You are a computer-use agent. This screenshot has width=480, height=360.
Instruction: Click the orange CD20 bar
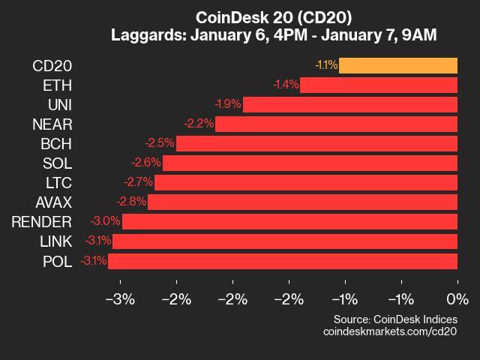pos(398,65)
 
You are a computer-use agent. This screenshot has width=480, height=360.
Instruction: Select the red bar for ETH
pos(379,85)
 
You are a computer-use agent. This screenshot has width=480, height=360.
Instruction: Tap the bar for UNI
pos(350,104)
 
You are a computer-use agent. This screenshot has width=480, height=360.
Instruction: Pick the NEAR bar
pos(336,124)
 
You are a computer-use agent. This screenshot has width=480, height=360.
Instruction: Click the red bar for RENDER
pos(289,221)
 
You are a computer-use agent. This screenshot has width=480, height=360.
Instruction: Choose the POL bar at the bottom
pos(283,261)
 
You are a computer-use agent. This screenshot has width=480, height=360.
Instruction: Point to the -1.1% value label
pos(326,65)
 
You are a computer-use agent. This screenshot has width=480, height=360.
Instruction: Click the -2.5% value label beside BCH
pos(160,143)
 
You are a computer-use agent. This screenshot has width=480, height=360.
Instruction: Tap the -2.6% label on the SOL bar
pos(145,163)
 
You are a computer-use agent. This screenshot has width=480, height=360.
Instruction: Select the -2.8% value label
pos(131,202)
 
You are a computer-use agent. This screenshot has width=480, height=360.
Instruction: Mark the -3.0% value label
pos(106,221)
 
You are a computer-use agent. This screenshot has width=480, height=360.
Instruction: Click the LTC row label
pos(58,182)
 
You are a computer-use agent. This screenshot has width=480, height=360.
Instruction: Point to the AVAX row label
pos(54,202)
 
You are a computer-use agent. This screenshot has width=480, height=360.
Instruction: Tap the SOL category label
pos(57,163)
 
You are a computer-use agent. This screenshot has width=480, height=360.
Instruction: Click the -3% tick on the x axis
pos(120,299)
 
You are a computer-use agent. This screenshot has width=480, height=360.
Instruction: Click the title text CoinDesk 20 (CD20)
pos(273,16)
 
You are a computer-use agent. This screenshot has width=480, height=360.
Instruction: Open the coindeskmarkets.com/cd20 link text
pos(390,331)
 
